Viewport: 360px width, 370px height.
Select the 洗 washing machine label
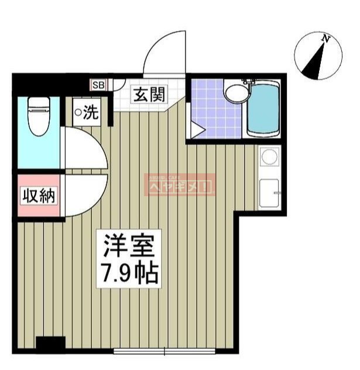click(x=87, y=112)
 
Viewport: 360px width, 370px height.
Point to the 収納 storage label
click(x=39, y=196)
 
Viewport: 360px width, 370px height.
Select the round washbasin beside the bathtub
click(x=236, y=93)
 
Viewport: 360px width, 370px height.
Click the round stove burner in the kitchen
click(x=269, y=157)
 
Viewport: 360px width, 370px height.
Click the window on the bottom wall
click(x=164, y=351)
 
